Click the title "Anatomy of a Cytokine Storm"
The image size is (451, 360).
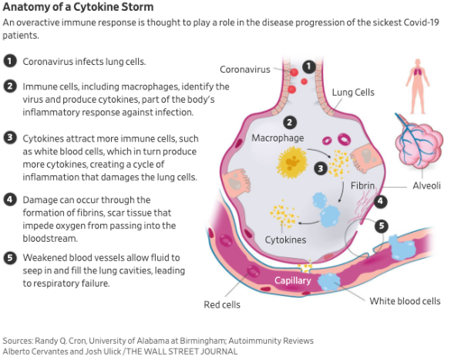coord(78,6)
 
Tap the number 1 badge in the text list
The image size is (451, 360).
coord(10,61)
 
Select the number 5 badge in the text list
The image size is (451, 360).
coord(10,258)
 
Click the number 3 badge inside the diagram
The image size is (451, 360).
coord(320,169)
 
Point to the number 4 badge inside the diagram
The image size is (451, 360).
coord(381,201)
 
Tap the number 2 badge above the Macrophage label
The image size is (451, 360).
coord(290,123)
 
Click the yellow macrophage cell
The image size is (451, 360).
coord(292,162)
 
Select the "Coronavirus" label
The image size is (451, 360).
coord(245,69)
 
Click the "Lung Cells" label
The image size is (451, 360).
coord(353,92)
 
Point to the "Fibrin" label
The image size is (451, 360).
coord(363,186)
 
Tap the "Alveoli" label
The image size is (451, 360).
coord(427,186)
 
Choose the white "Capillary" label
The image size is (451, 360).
coord(292,281)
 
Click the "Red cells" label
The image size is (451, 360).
coord(222,305)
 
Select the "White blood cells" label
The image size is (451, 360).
coord(405,301)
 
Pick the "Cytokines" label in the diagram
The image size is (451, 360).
coord(285,240)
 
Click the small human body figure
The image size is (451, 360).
coord(418,86)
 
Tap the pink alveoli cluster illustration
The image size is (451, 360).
coord(419,143)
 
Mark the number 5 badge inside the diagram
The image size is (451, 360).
coord(382,226)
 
